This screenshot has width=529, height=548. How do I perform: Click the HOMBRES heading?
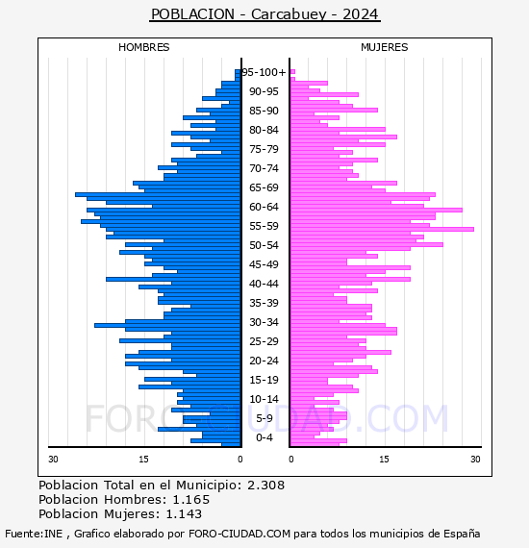(143, 47)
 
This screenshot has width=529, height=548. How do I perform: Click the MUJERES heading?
(385, 47)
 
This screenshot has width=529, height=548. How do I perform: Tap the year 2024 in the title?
(360, 14)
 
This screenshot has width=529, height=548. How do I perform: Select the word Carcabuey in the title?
(289, 14)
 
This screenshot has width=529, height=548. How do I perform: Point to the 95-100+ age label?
(264, 72)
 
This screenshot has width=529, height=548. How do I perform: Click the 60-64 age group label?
(264, 207)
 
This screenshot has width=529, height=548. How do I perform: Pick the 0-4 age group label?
(264, 437)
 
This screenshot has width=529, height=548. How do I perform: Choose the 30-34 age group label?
(264, 322)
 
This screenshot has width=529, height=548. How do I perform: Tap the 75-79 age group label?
(264, 149)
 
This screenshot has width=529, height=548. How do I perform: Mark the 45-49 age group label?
(264, 264)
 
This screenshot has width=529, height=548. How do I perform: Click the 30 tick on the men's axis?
(53, 460)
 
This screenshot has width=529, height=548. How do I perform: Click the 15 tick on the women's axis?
(384, 460)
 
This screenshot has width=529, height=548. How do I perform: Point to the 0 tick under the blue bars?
(239, 460)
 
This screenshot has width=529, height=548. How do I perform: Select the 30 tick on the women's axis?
(475, 460)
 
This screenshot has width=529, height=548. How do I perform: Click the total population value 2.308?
(266, 486)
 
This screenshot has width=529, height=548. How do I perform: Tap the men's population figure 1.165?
(191, 499)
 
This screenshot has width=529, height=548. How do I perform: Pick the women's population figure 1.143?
(184, 513)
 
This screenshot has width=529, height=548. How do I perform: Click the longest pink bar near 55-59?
(382, 229)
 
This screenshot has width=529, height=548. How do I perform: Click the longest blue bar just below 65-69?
(158, 194)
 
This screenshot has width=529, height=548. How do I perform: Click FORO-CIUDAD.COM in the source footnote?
(239, 534)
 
